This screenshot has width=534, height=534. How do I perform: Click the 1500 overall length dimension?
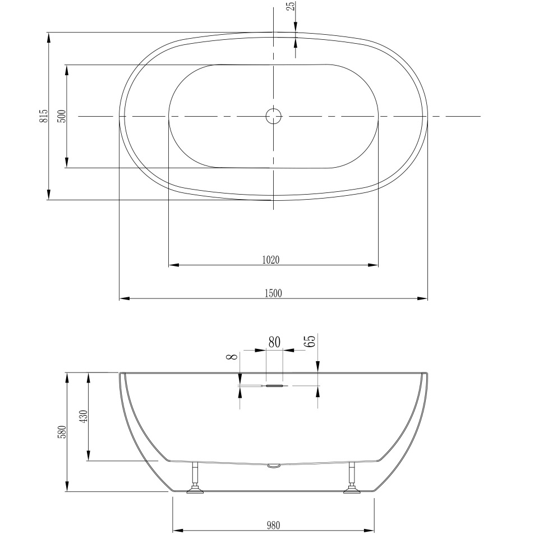(273, 293)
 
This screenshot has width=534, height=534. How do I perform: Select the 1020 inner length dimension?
(270, 259)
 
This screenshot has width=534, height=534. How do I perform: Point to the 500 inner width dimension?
(62, 116)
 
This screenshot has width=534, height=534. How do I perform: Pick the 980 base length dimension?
(273, 525)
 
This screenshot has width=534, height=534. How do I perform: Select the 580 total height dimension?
(62, 432)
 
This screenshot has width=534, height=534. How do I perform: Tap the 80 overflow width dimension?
(274, 343)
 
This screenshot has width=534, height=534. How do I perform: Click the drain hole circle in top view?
(273, 116)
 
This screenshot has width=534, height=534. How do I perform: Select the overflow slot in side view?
(274, 386)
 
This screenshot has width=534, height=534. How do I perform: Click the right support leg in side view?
(352, 480)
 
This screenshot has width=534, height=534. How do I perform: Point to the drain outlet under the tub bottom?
(274, 465)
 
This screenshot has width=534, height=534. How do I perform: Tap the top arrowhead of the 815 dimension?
(49, 38)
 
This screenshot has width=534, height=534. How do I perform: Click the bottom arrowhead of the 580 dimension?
(67, 487)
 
